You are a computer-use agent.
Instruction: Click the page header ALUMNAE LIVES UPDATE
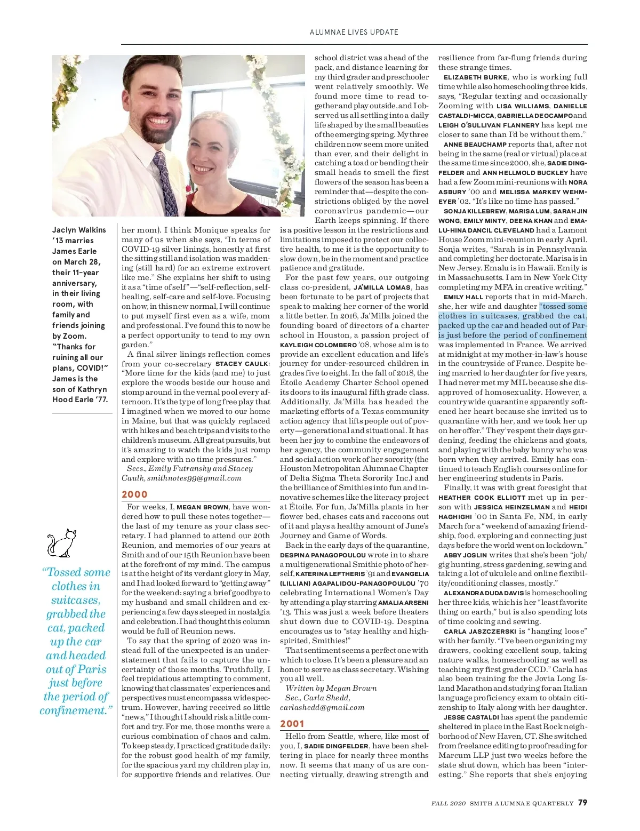[x=354, y=32]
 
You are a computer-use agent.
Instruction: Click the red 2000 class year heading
[x=134, y=494]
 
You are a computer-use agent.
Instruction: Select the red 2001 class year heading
[x=292, y=724]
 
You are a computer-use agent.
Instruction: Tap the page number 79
[x=582, y=803]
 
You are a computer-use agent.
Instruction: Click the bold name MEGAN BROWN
[x=203, y=507]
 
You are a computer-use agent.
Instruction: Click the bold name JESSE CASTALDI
[x=471, y=717]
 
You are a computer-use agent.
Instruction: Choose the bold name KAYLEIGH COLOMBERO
[x=318, y=345]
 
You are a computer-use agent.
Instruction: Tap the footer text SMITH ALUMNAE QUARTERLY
[x=521, y=803]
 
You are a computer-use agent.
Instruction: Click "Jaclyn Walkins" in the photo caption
[x=79, y=230]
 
